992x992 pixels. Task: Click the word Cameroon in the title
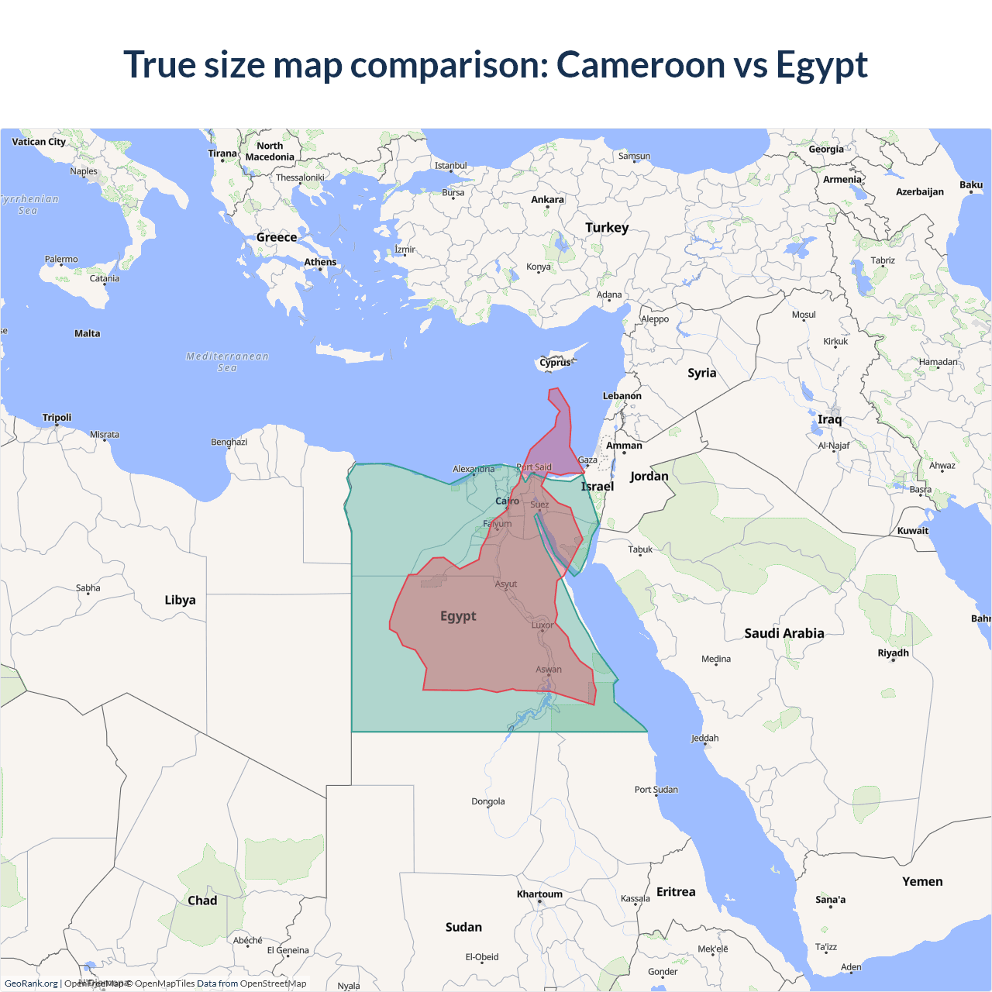pos(640,64)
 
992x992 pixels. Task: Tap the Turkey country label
pos(607,228)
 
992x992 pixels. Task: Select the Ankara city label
pos(547,200)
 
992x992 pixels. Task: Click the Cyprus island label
pos(555,363)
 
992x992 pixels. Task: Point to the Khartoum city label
pos(539,894)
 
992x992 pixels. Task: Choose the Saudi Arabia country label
pos(784,633)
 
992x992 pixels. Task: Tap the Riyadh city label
pos(893,653)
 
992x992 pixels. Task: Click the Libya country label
pos(180,600)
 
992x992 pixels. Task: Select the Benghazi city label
pos(229,442)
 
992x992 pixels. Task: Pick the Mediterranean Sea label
pos(227,362)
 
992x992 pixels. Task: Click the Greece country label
pos(277,237)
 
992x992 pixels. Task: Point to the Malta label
pos(87,333)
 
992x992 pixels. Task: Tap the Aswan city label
pos(549,670)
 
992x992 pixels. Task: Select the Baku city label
pos(970,185)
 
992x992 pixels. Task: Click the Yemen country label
pos(922,882)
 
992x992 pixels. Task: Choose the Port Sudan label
pos(656,790)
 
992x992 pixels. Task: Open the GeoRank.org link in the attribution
pos(31,983)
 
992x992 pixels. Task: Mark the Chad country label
pos(202,901)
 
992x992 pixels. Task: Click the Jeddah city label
pos(704,739)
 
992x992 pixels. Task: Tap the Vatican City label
pos(39,142)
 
